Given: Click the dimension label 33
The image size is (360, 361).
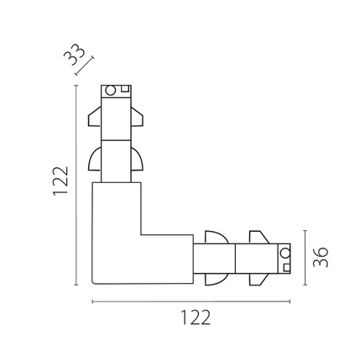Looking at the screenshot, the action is (x=74, y=55).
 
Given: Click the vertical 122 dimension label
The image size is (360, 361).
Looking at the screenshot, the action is (x=60, y=181).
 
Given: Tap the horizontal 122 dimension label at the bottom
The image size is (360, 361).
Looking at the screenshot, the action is (x=196, y=317).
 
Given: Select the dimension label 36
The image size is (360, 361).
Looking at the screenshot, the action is (x=321, y=257).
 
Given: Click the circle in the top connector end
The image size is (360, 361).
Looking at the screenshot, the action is (x=110, y=91).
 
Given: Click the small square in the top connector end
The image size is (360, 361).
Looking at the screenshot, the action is (x=125, y=88).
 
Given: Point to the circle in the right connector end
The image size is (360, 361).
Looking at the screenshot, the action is (x=285, y=253).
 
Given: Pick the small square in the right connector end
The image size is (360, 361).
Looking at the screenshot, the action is (x=287, y=268).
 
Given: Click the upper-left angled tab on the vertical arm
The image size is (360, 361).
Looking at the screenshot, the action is (x=95, y=117).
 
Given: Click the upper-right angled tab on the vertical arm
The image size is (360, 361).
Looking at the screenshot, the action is (x=138, y=117).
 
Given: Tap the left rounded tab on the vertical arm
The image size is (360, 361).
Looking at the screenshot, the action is (x=95, y=160).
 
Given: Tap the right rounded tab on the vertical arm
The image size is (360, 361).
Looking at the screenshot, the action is (x=138, y=160).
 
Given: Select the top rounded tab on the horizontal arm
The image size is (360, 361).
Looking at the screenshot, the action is (x=217, y=238).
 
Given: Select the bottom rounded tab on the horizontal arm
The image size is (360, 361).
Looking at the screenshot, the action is (x=217, y=279).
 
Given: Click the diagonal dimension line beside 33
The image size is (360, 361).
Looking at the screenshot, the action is (x=85, y=66).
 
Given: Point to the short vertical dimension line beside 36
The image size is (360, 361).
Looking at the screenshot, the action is (x=305, y=258).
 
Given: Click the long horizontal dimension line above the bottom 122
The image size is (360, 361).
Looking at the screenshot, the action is (x=191, y=301).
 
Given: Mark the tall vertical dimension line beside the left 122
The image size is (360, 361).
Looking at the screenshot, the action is (x=76, y=185).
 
